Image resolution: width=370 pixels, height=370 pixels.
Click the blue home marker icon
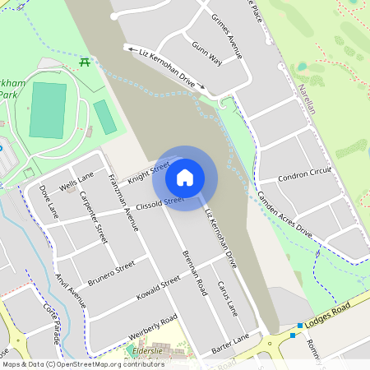tap(185, 177)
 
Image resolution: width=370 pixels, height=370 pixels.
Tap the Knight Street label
tap(148, 172)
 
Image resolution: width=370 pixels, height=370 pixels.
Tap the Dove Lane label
tap(49, 201)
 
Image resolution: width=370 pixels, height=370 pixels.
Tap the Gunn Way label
tap(207, 54)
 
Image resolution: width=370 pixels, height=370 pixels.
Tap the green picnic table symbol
tap(84, 61)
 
